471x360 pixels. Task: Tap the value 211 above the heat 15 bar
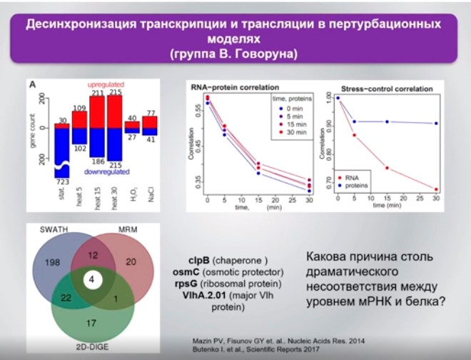pos(98,93)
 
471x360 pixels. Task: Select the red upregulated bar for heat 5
pos(80,119)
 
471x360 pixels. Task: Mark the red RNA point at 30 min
pos(435,189)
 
